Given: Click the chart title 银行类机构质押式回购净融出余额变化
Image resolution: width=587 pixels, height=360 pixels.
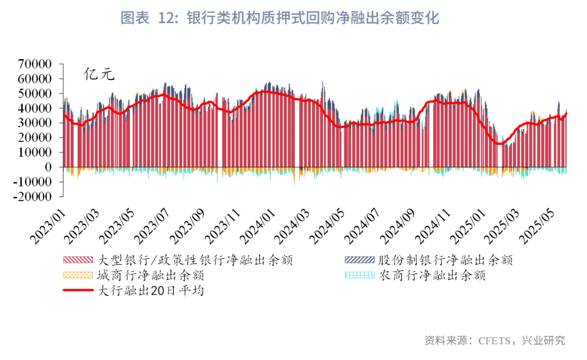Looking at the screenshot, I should (x=313, y=18).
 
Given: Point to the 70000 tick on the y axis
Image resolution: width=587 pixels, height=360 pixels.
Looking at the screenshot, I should (x=35, y=64).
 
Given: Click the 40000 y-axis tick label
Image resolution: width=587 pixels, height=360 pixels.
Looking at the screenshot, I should (x=35, y=108).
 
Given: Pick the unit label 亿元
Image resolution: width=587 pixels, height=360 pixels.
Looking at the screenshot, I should (x=99, y=75).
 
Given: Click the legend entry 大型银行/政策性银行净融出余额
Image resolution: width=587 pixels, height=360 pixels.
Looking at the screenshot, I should (x=195, y=260).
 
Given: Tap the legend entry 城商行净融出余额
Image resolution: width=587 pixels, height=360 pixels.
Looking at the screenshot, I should (x=151, y=275).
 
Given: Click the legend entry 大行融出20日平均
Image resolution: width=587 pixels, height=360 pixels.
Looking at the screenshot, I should (x=151, y=290).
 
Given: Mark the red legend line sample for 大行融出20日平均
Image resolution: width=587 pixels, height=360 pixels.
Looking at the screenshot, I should (x=79, y=290).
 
